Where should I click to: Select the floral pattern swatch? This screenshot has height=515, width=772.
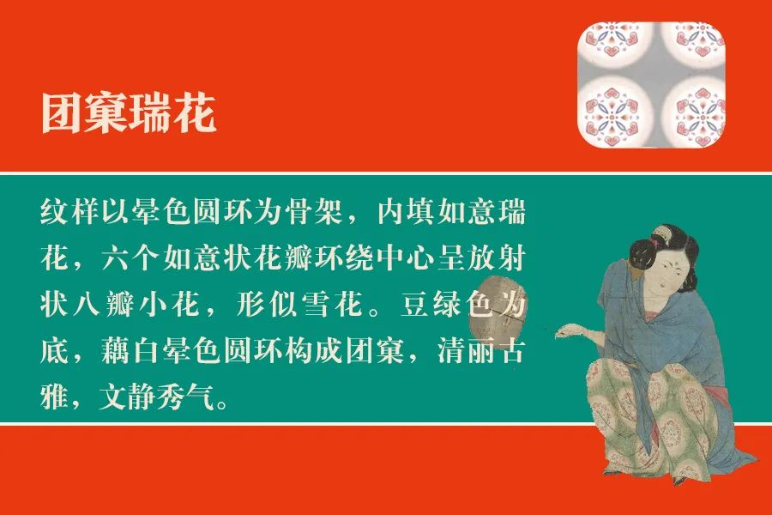[x=652, y=83]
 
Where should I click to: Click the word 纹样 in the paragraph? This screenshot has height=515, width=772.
[x=70, y=211]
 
